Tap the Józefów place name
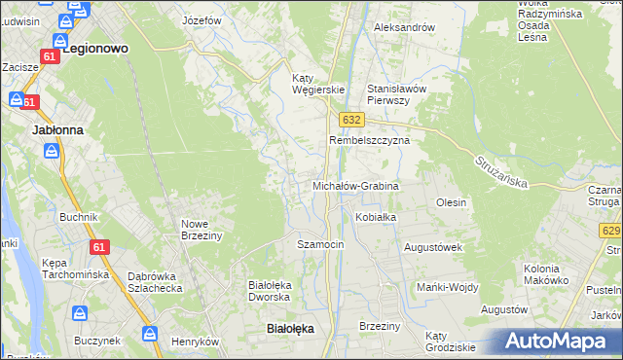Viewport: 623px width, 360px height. click(x=202, y=19)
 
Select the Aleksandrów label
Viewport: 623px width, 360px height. click(x=404, y=27)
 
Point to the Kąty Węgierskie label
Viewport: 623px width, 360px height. click(x=319, y=84)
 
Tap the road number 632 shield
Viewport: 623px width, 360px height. click(x=352, y=119)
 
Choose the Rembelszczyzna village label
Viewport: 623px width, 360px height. click(x=369, y=140)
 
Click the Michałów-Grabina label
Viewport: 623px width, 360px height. click(x=355, y=185)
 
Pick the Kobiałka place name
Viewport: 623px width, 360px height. click(x=376, y=217)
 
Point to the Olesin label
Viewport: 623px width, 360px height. click(x=452, y=202)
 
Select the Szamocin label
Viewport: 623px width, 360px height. click(x=320, y=244)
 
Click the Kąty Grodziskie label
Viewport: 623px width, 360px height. click(x=450, y=342)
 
